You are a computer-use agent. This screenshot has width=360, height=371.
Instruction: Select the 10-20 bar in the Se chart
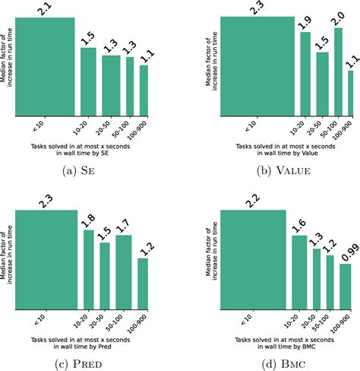point(89,82)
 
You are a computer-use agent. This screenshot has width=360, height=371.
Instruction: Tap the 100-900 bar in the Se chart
point(144,90)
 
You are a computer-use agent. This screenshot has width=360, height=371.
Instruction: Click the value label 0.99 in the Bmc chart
point(344,254)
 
